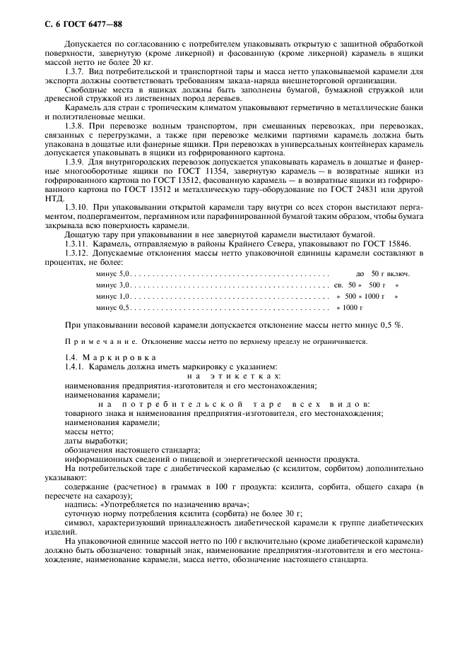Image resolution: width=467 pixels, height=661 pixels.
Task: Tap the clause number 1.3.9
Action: tap(75, 162)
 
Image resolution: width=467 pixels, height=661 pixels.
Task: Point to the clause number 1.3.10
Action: tap(76, 207)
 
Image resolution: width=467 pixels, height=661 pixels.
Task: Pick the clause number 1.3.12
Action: tap(76, 252)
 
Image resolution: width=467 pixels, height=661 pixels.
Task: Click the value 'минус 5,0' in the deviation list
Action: tap(112, 273)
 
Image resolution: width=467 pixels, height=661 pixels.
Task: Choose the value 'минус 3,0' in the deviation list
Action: tap(112, 285)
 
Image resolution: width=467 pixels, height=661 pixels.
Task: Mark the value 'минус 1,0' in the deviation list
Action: tap(112, 296)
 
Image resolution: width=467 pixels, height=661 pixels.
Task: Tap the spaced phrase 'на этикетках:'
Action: tap(225, 376)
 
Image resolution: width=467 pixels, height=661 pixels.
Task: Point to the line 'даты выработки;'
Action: tap(90, 440)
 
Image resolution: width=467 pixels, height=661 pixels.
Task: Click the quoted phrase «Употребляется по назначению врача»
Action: tap(187, 504)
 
